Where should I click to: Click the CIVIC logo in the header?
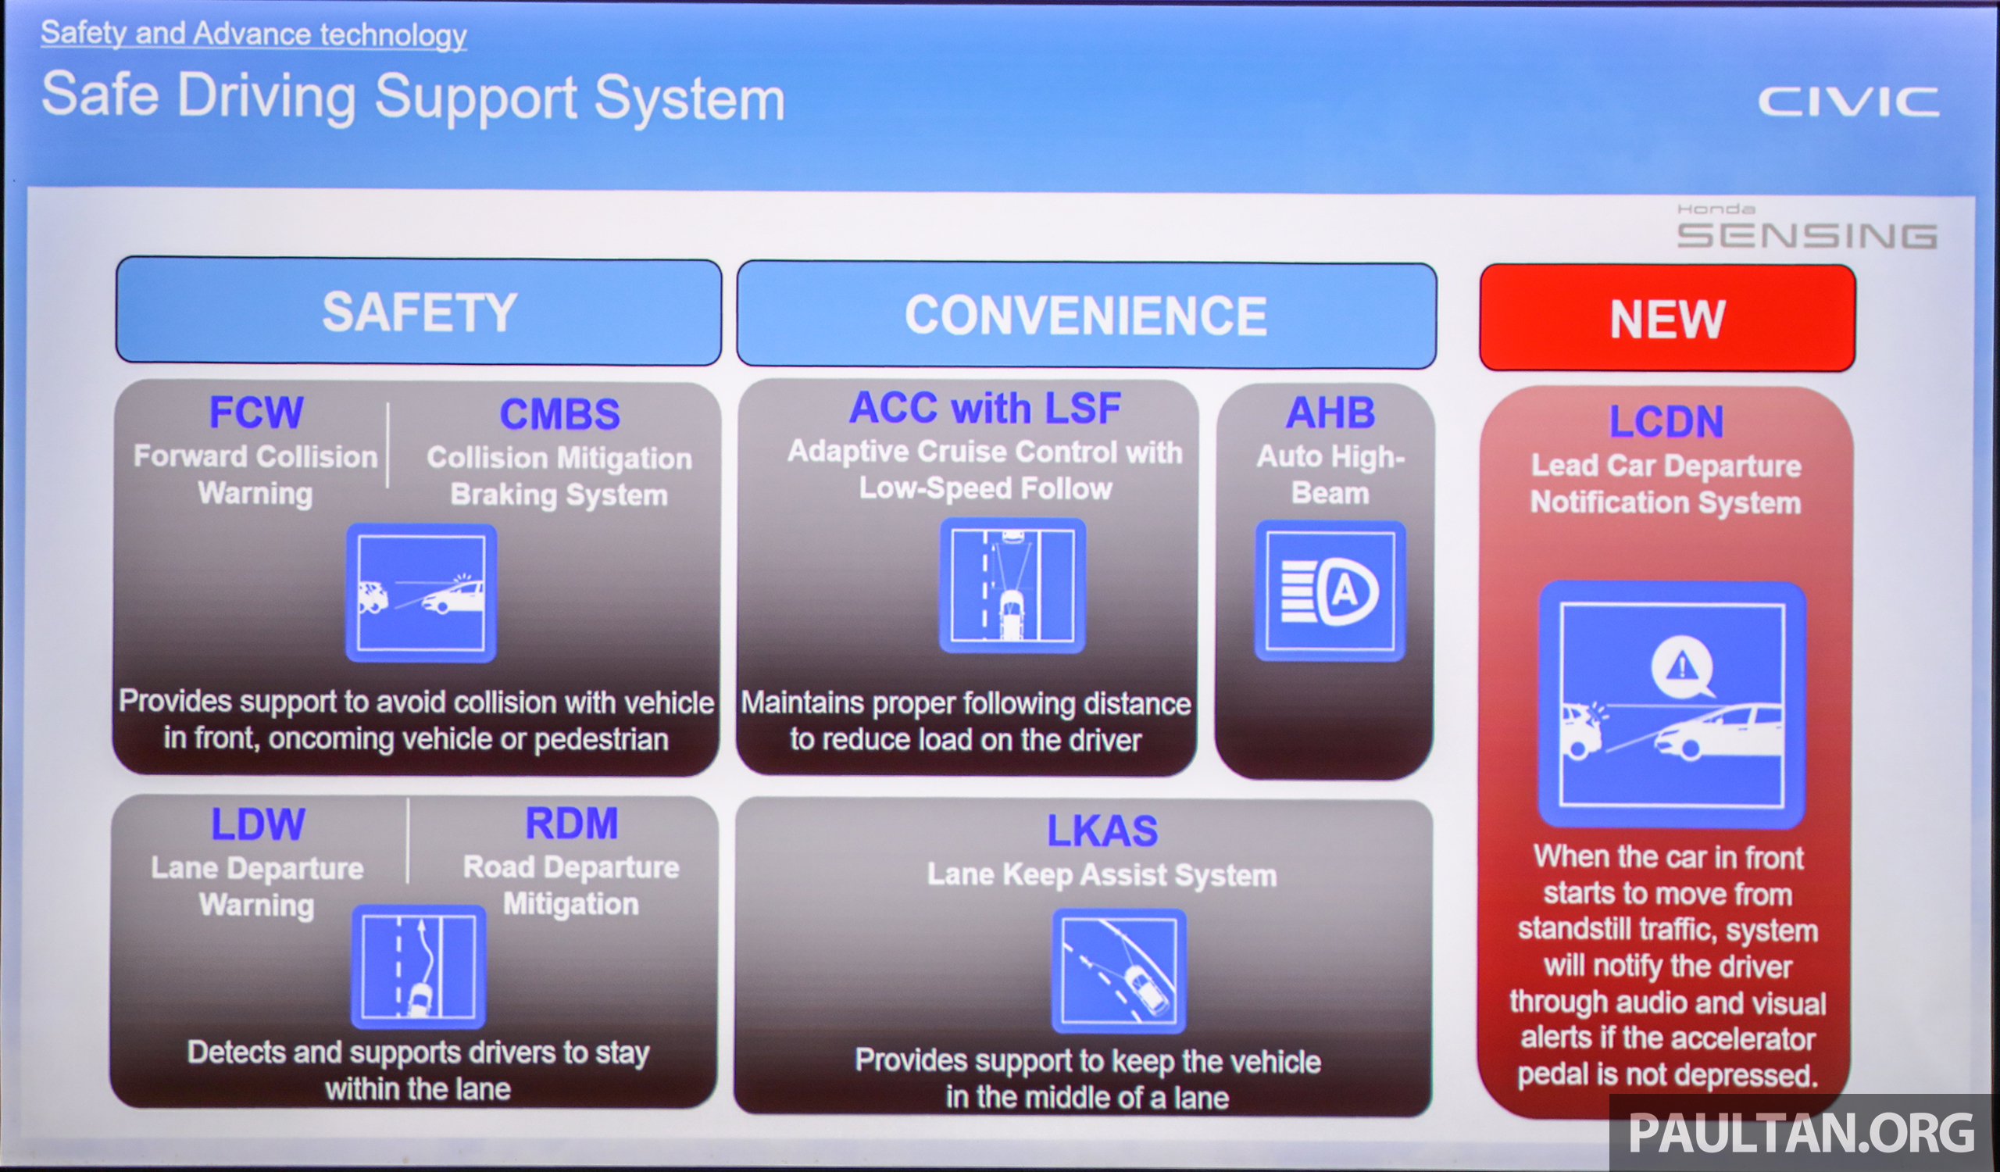pyautogui.click(x=1848, y=102)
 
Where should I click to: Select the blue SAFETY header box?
pyautogui.click(x=418, y=311)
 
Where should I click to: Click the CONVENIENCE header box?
pyautogui.click(x=1086, y=315)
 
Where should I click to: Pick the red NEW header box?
pyautogui.click(x=1666, y=318)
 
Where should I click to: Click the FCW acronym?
pyautogui.click(x=255, y=413)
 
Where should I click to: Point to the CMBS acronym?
pyautogui.click(x=559, y=414)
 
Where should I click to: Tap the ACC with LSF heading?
pyautogui.click(x=985, y=409)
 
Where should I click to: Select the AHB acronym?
pyautogui.click(x=1330, y=413)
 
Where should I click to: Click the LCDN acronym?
pyautogui.click(x=1666, y=422)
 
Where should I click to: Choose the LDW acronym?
pyautogui.click(x=258, y=824)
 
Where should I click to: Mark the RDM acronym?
pyautogui.click(x=571, y=823)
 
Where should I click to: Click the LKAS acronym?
pyautogui.click(x=1102, y=831)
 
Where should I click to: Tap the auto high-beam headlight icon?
pyautogui.click(x=1330, y=591)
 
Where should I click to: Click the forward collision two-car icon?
pyautogui.click(x=421, y=593)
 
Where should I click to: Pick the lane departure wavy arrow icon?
pyautogui.click(x=418, y=967)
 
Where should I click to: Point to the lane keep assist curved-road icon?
pyautogui.click(x=1119, y=971)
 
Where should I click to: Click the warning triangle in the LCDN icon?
pyautogui.click(x=1681, y=666)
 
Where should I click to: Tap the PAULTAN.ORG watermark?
pyautogui.click(x=1800, y=1132)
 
